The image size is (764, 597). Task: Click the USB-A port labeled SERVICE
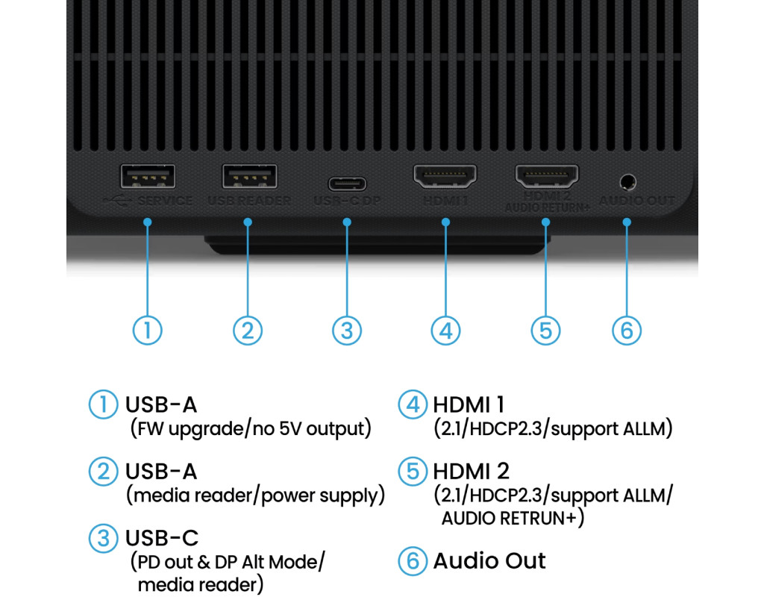pyautogui.click(x=148, y=178)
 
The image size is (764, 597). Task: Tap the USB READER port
pyautogui.click(x=249, y=178)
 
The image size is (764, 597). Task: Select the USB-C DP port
pyautogui.click(x=347, y=183)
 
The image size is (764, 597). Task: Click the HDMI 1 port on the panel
pyautogui.click(x=445, y=177)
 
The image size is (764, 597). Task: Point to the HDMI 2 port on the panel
pyautogui.click(x=546, y=177)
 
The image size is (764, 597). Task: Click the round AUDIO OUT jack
pyautogui.click(x=627, y=181)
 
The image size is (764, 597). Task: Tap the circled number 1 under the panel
pyautogui.click(x=148, y=330)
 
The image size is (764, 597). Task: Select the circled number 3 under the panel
pyautogui.click(x=347, y=330)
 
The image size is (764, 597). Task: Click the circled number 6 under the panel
pyautogui.click(x=627, y=330)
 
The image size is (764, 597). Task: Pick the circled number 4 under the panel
pyautogui.click(x=445, y=330)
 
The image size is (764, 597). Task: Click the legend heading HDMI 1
pyautogui.click(x=469, y=404)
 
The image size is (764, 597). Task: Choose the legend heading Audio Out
pyautogui.click(x=489, y=561)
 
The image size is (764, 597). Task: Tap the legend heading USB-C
pyautogui.click(x=162, y=538)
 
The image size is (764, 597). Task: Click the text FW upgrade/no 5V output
pyautogui.click(x=250, y=429)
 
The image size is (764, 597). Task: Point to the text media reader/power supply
pyautogui.click(x=255, y=496)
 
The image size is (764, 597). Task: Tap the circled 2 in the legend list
pyautogui.click(x=103, y=472)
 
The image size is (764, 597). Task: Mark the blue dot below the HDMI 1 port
pyautogui.click(x=445, y=222)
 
